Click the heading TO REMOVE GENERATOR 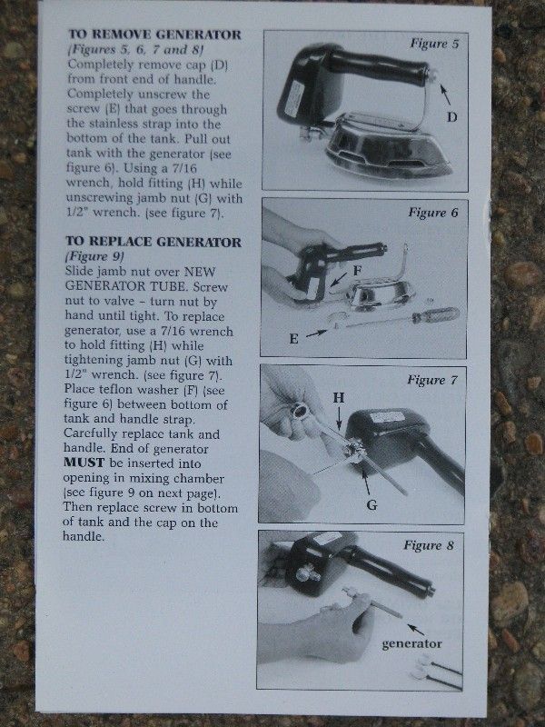(x=154, y=35)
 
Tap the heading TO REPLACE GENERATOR (x=154, y=242)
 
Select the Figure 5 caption (x=434, y=44)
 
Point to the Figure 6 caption (x=433, y=213)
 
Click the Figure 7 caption (x=432, y=380)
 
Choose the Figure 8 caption (x=429, y=544)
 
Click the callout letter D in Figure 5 (x=451, y=117)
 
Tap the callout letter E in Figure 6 (x=293, y=339)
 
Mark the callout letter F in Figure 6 (x=357, y=271)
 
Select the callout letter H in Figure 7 (x=339, y=397)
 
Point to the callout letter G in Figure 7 (x=372, y=504)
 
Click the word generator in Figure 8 (x=411, y=643)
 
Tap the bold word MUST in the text (x=84, y=463)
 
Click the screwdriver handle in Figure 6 (x=435, y=315)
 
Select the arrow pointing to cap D (x=444, y=95)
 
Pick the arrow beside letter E (x=315, y=333)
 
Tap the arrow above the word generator (x=416, y=629)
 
